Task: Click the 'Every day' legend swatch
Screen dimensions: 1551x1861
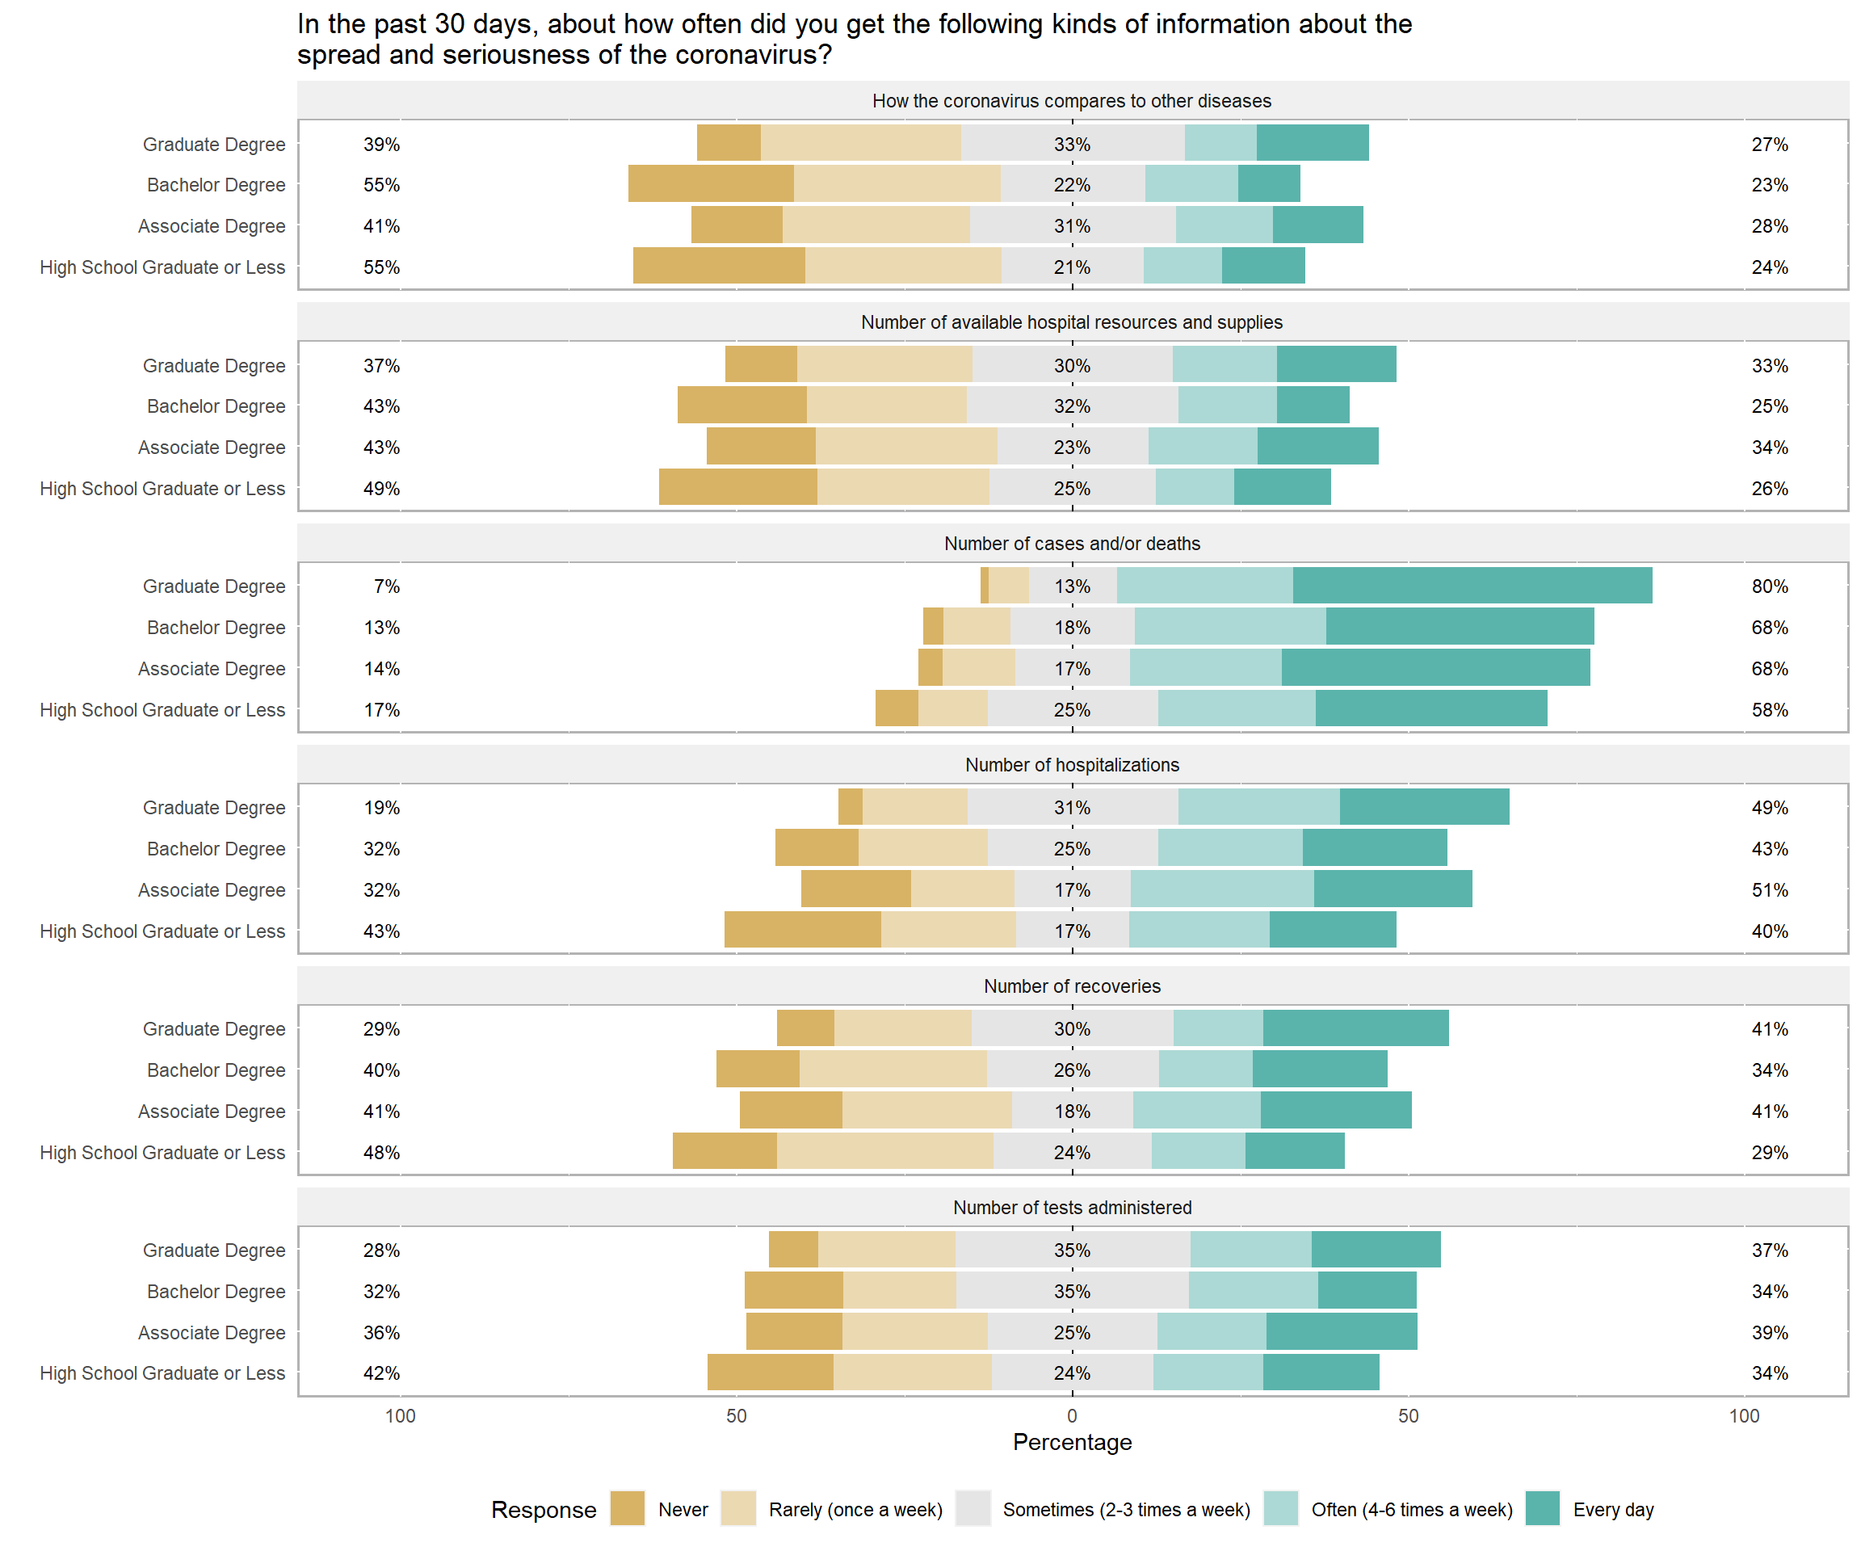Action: click(x=1542, y=1508)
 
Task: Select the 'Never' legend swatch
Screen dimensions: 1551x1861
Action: click(x=628, y=1508)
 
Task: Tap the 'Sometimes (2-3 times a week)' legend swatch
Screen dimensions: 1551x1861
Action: click(x=973, y=1508)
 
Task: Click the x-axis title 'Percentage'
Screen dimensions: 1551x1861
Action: click(x=1073, y=1442)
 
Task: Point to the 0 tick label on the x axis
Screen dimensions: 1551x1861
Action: click(x=1073, y=1415)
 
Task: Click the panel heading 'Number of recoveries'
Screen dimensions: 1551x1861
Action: click(x=1073, y=986)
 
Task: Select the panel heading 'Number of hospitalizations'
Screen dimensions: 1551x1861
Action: click(x=1073, y=765)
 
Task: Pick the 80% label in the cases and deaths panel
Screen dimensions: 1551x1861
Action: click(x=1769, y=586)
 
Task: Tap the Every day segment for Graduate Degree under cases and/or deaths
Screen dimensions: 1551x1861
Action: click(x=1472, y=586)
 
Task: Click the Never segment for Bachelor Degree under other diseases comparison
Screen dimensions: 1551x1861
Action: click(x=711, y=183)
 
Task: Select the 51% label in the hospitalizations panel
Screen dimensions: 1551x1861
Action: click(x=1769, y=890)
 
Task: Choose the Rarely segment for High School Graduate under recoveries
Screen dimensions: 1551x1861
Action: click(x=885, y=1151)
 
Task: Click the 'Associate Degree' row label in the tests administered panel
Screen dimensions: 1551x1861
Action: click(x=212, y=1332)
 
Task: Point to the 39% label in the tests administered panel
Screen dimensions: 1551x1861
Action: click(x=1769, y=1332)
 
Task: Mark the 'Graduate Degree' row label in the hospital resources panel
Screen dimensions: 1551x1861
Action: click(x=215, y=365)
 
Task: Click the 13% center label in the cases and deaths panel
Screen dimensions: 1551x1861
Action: click(x=1073, y=586)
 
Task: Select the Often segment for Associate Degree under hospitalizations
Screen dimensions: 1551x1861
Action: click(x=1222, y=889)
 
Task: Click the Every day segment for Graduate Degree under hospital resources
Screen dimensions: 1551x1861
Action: click(x=1336, y=364)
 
